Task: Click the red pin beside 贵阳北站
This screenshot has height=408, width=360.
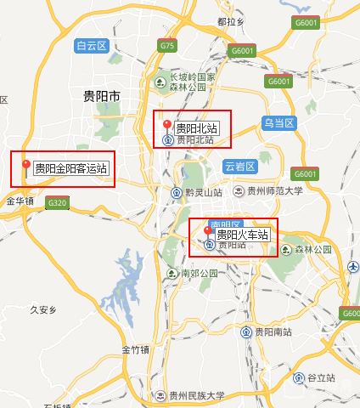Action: click(167, 126)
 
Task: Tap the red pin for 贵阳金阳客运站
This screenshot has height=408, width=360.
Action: click(26, 164)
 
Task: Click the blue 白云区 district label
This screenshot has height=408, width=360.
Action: click(91, 46)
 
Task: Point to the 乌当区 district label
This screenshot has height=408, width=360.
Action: click(278, 123)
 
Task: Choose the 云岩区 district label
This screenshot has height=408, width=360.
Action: click(240, 165)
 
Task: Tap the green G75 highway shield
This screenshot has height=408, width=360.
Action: click(166, 45)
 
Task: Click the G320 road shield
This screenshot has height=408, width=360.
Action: click(58, 202)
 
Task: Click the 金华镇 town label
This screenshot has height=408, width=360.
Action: click(20, 201)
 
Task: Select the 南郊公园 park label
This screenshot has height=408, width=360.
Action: click(199, 274)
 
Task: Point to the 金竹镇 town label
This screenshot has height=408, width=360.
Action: click(135, 349)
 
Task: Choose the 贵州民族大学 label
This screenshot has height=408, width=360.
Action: click(196, 395)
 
